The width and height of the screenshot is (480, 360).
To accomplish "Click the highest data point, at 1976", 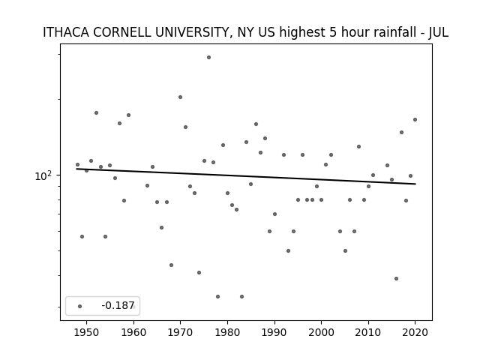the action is (208, 57).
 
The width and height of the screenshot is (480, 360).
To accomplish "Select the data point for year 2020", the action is (415, 120).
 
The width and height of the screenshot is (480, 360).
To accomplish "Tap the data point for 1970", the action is (180, 97).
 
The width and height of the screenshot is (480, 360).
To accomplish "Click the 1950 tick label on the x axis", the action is (87, 332).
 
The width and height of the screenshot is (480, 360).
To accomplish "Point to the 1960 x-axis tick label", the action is (133, 332).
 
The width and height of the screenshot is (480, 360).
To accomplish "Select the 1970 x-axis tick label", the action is (180, 332).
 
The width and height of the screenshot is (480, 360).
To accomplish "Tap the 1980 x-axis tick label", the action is (227, 332).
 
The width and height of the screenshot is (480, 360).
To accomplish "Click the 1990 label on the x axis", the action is (274, 332).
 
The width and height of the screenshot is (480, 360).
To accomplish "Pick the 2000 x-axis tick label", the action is (321, 332).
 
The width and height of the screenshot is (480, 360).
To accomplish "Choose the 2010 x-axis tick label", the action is (368, 332).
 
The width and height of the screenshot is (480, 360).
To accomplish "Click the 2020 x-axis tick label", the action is (415, 332).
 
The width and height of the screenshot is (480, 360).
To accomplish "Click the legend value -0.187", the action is (118, 305).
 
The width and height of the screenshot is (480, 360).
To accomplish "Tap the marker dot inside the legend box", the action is (80, 306).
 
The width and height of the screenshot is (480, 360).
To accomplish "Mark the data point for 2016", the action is (396, 278).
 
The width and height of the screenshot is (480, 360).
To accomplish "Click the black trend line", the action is (246, 176).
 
